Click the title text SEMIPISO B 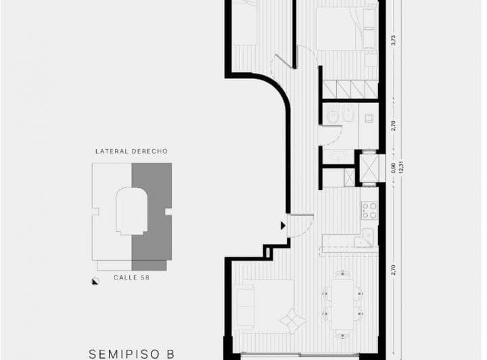(x=132, y=353)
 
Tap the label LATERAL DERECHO (x=131, y=152)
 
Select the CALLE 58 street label (x=131, y=277)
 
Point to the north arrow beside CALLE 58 (x=94, y=284)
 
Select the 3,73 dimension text (x=393, y=41)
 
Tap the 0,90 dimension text (x=393, y=166)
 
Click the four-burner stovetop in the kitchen (x=369, y=210)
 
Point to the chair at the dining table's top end (x=342, y=274)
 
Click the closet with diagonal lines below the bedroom (x=350, y=89)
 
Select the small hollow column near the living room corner (x=269, y=253)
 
